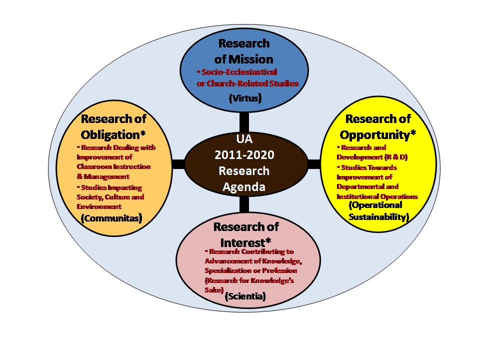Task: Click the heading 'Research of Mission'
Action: tap(244, 50)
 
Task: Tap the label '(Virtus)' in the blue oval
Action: tap(244, 98)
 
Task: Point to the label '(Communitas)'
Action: tap(111, 217)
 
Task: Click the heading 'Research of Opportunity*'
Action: tap(378, 126)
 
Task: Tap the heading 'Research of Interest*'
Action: tap(245, 233)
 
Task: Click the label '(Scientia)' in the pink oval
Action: tap(245, 296)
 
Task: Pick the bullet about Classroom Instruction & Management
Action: tap(113, 162)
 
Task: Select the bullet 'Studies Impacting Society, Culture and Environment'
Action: tap(110, 196)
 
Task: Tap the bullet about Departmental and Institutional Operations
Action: tap(377, 181)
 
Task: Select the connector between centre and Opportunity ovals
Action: tap(313, 163)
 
